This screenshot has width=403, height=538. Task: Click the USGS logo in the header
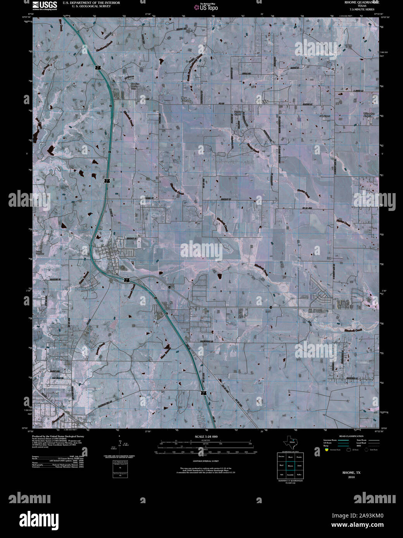click(x=45, y=5)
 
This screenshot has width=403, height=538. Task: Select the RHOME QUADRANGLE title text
click(x=356, y=2)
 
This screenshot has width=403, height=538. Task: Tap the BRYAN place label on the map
click(x=262, y=101)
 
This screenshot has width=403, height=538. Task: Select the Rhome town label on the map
click(x=115, y=250)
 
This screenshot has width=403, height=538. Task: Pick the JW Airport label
click(x=325, y=115)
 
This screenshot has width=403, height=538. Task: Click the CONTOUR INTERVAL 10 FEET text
click(x=205, y=461)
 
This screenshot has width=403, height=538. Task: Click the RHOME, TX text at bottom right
click(x=351, y=473)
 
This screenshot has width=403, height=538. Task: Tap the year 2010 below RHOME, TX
click(x=351, y=477)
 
